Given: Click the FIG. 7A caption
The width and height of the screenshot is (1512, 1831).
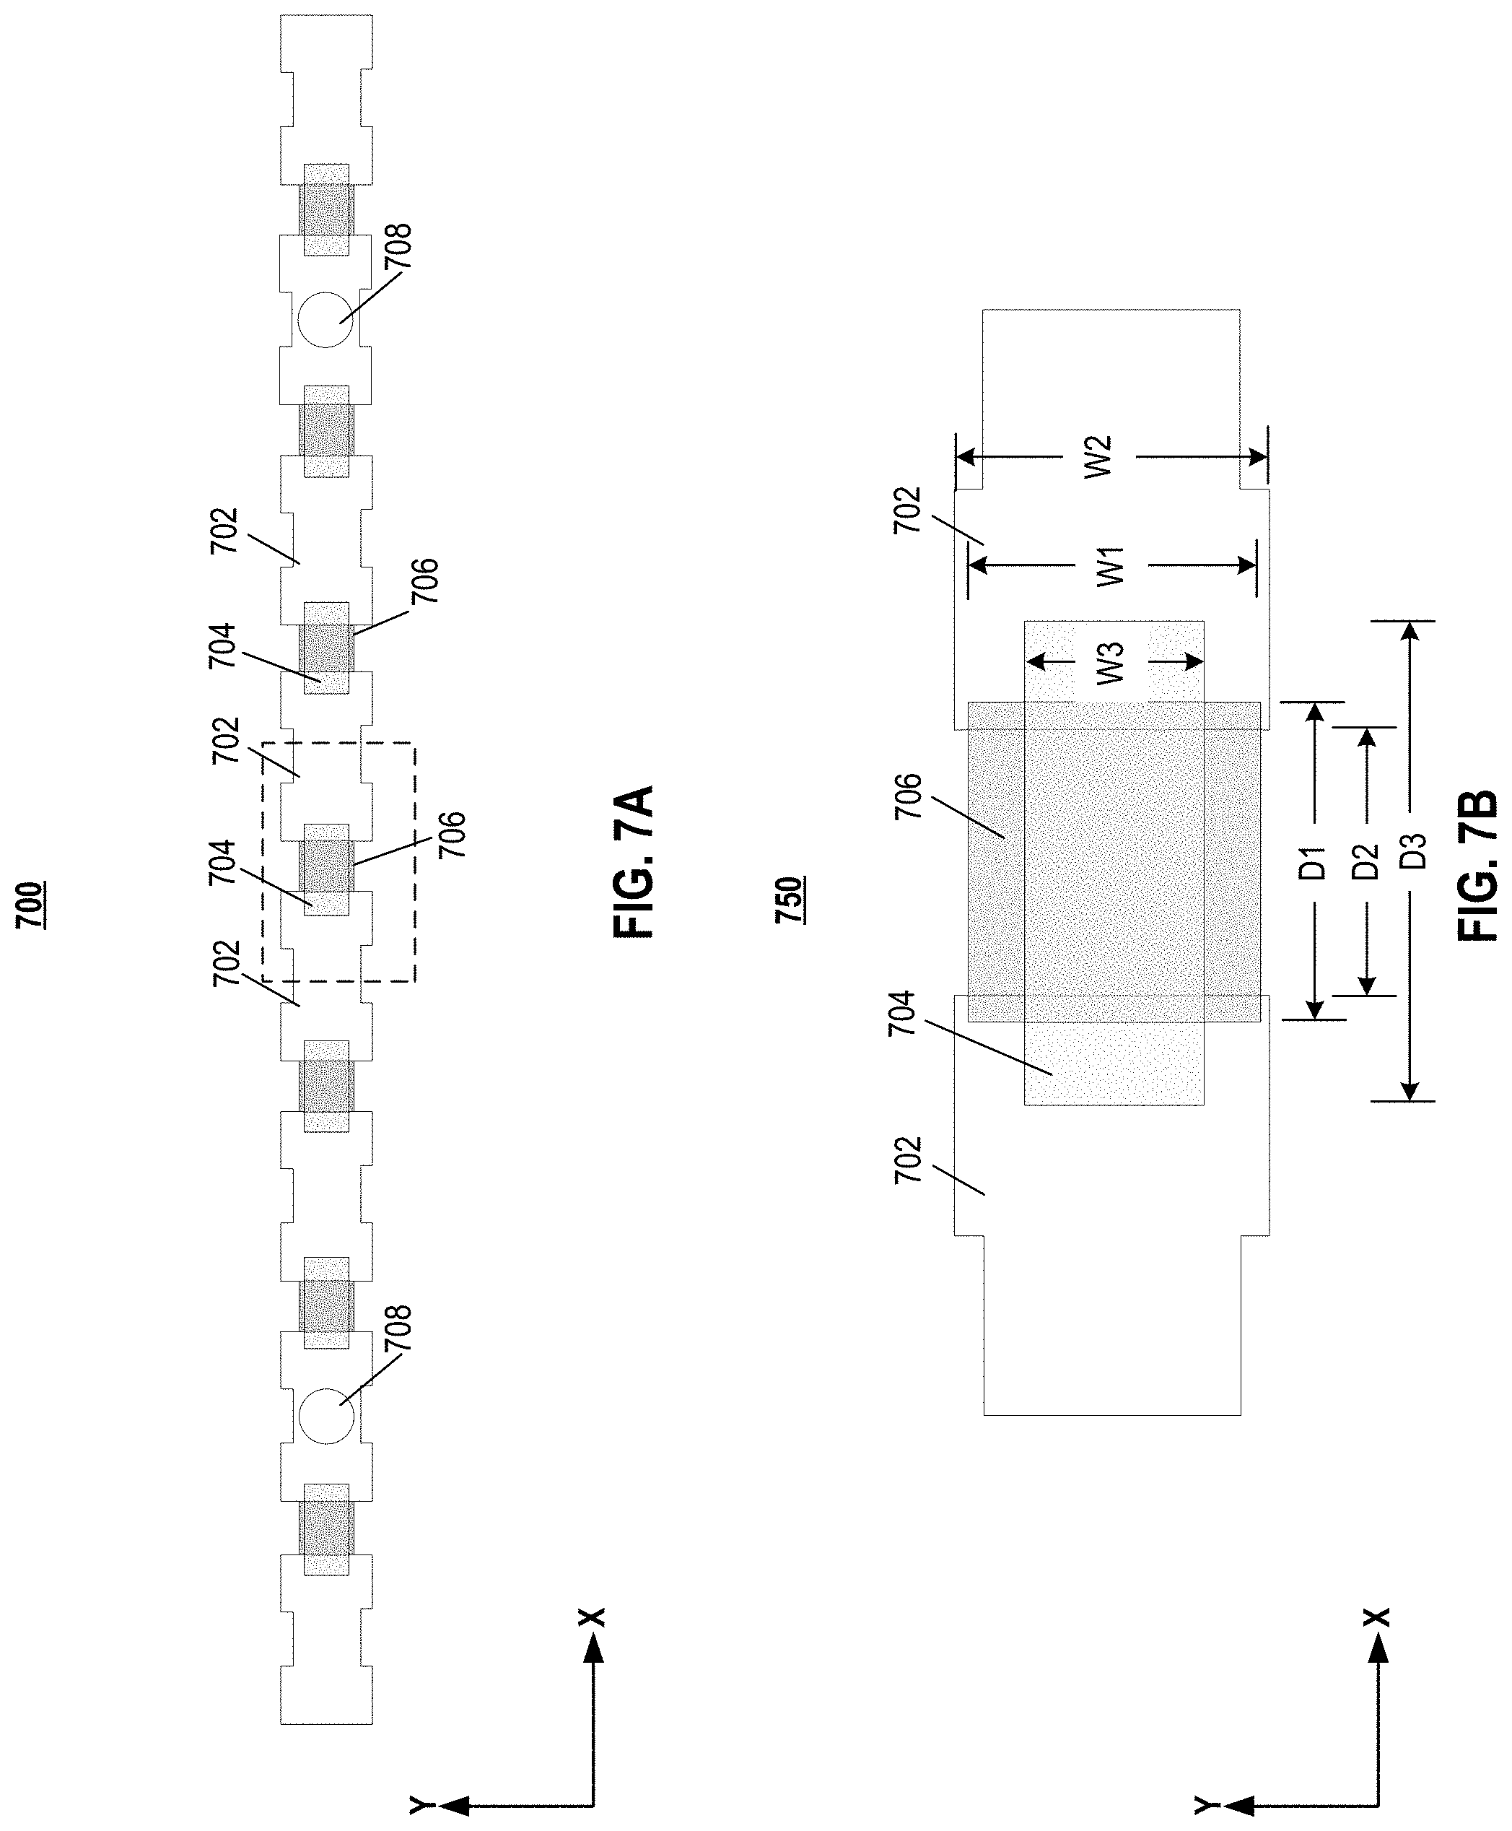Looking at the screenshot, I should (633, 861).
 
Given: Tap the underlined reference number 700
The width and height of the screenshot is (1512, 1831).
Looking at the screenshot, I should (34, 906).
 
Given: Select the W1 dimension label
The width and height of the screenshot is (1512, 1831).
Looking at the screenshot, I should (1111, 566).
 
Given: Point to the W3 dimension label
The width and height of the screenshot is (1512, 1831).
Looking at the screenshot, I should (1111, 663).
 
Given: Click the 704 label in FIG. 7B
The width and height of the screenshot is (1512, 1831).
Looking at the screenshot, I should (903, 1013).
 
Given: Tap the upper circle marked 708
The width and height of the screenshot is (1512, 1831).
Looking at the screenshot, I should (325, 320).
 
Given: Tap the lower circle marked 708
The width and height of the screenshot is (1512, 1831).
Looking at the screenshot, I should (325, 1417).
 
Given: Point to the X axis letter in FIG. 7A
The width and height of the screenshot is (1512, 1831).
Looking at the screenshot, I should (593, 1617).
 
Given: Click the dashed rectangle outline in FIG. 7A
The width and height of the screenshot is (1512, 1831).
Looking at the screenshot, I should (414, 862).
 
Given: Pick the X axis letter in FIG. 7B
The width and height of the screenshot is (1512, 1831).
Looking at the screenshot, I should (1377, 1617).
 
